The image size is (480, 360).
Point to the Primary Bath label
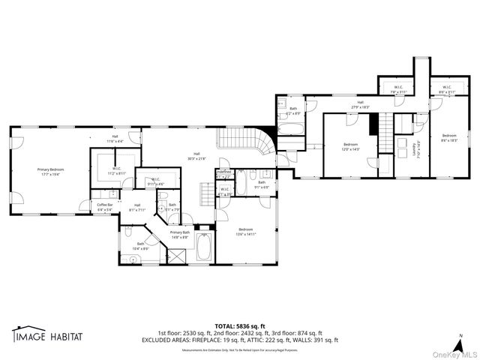click(180, 233)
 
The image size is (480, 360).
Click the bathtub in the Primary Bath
click(205, 246)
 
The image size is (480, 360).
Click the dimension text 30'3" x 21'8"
click(197, 158)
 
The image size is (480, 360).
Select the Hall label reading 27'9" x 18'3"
click(360, 106)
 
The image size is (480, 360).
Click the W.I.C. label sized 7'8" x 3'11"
click(399, 88)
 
